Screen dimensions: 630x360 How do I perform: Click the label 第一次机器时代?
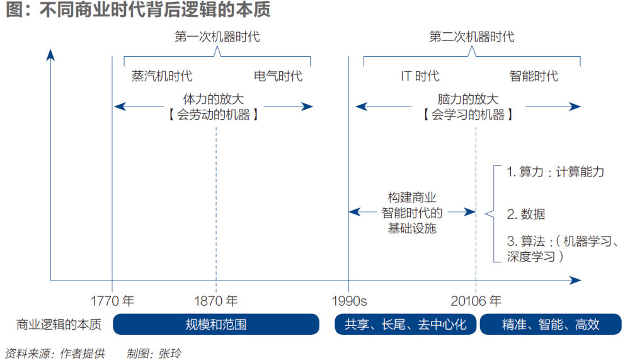(217, 37)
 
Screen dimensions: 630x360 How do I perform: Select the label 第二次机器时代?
(472, 37)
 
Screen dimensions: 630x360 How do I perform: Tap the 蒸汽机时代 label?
(162, 76)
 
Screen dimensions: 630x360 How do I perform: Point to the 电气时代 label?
(278, 76)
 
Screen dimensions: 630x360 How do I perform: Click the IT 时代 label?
(420, 76)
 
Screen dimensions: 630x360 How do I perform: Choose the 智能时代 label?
(534, 76)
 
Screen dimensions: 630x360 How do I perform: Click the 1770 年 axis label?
(112, 301)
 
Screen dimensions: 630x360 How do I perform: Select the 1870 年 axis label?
(215, 301)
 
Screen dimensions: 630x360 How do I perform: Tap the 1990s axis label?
(349, 301)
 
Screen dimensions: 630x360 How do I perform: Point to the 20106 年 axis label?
(476, 301)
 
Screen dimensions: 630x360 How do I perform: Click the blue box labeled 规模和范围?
(216, 324)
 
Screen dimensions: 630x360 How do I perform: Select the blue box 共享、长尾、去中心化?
(405, 324)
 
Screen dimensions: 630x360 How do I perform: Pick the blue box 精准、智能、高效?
(551, 324)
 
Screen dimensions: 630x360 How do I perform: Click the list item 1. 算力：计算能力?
(555, 171)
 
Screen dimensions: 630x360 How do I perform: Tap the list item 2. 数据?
(526, 214)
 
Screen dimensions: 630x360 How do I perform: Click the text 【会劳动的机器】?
(213, 115)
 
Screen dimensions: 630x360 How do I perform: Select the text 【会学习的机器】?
(467, 115)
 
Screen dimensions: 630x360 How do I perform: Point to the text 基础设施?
(412, 228)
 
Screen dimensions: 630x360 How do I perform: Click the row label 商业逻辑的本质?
(59, 324)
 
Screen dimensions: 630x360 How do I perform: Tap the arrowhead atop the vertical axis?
(50, 55)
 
